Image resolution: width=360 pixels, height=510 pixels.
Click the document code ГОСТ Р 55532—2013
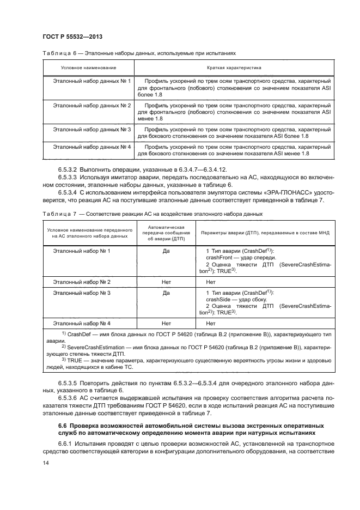click(72, 37)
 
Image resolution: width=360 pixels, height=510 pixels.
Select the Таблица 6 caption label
click(58, 53)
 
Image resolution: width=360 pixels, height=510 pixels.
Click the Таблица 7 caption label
click(58, 214)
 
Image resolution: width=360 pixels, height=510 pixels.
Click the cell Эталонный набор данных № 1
click(91, 81)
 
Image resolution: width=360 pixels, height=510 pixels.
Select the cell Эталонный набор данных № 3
click(91, 130)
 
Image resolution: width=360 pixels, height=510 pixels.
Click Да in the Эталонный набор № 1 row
click(166, 251)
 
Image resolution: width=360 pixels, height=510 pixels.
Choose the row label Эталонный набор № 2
click(82, 282)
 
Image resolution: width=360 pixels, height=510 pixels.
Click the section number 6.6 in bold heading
click(62, 424)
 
